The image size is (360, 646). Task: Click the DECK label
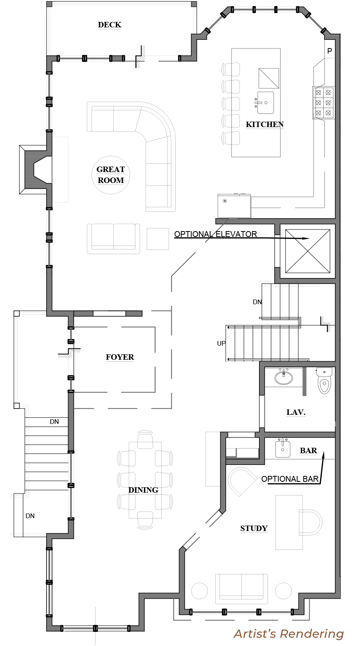click(110, 25)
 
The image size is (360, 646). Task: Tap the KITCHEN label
click(265, 124)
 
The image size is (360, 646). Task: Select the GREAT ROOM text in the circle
click(111, 175)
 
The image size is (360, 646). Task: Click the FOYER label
click(120, 357)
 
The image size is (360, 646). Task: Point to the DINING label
click(143, 490)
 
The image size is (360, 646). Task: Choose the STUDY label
click(254, 528)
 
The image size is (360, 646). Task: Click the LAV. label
click(296, 412)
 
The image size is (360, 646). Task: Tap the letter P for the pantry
click(329, 51)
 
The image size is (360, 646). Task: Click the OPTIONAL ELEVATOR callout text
click(215, 234)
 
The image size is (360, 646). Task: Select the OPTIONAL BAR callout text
click(290, 479)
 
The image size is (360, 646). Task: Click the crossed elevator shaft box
click(308, 251)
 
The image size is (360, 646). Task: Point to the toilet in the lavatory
click(324, 381)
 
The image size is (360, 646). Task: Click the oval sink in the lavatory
click(283, 377)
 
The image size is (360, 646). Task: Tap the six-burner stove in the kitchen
click(323, 103)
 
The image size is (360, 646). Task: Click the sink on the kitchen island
click(265, 103)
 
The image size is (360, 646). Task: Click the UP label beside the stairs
click(221, 343)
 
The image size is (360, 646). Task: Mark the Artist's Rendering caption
click(289, 634)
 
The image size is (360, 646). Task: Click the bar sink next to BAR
click(283, 448)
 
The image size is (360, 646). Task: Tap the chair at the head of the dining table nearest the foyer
click(145, 439)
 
